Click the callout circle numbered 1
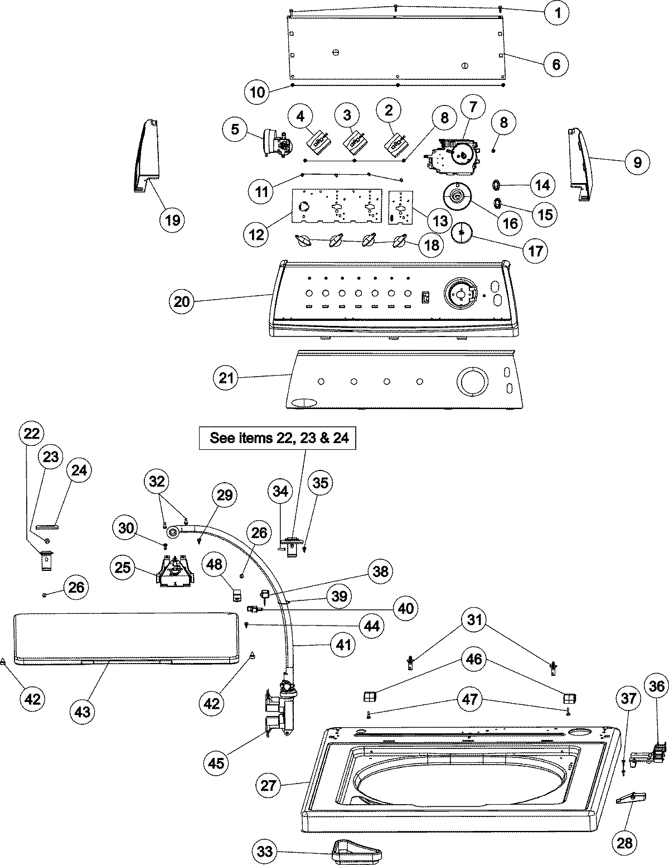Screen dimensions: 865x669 click(557, 12)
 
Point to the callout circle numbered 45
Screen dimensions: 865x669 click(216, 762)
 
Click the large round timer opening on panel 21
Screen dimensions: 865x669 click(472, 382)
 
